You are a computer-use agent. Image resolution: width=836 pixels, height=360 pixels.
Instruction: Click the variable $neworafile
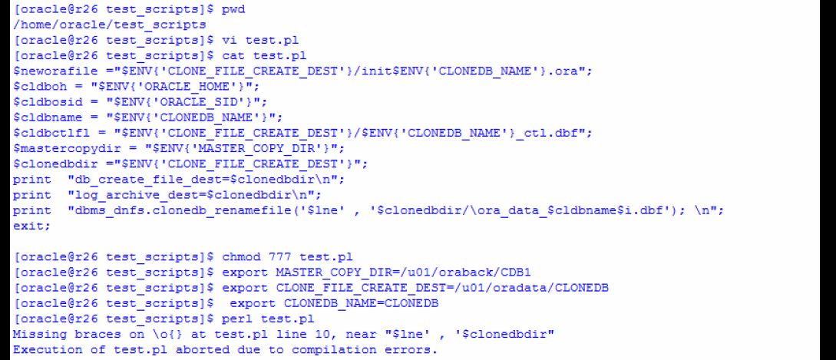click(x=46, y=71)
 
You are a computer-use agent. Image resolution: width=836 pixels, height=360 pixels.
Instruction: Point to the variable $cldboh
click(x=36, y=86)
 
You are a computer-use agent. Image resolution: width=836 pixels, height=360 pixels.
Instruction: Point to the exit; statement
click(x=30, y=226)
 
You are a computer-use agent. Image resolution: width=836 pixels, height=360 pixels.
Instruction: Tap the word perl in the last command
click(x=239, y=319)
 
